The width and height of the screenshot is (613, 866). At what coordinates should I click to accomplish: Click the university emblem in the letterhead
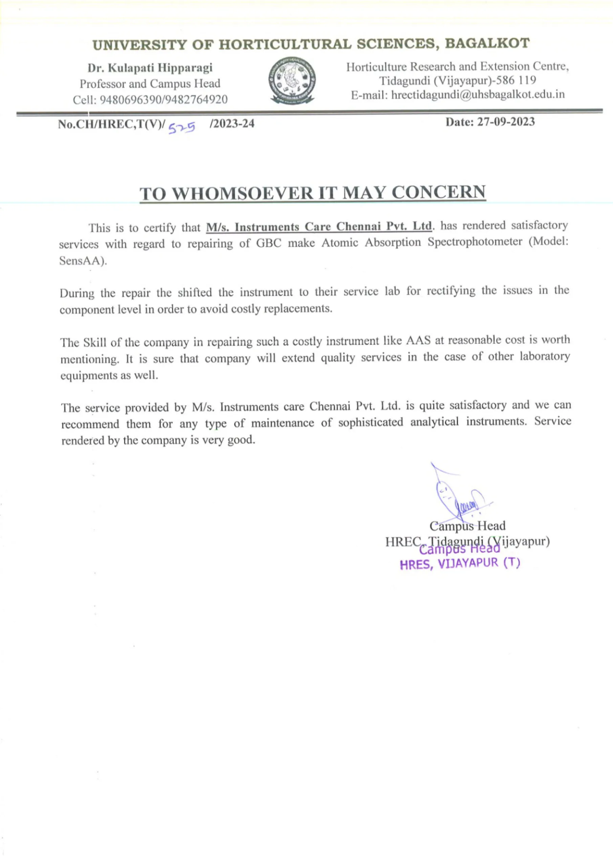292,81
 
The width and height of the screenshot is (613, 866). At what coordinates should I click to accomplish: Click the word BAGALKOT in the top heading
487,44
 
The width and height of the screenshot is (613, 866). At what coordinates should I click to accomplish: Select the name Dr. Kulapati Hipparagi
150,68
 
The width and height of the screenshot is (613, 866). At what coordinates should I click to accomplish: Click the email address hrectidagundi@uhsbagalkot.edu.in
478,94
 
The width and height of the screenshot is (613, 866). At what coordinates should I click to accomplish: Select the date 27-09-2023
506,122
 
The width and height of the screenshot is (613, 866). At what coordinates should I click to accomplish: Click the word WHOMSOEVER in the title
243,193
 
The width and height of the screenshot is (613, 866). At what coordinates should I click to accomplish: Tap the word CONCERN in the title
438,192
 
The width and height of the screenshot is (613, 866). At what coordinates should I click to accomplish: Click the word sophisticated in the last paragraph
370,422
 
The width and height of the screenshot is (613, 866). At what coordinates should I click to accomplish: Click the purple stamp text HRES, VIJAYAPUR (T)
460,564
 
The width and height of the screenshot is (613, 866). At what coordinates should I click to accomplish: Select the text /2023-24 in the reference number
232,123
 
